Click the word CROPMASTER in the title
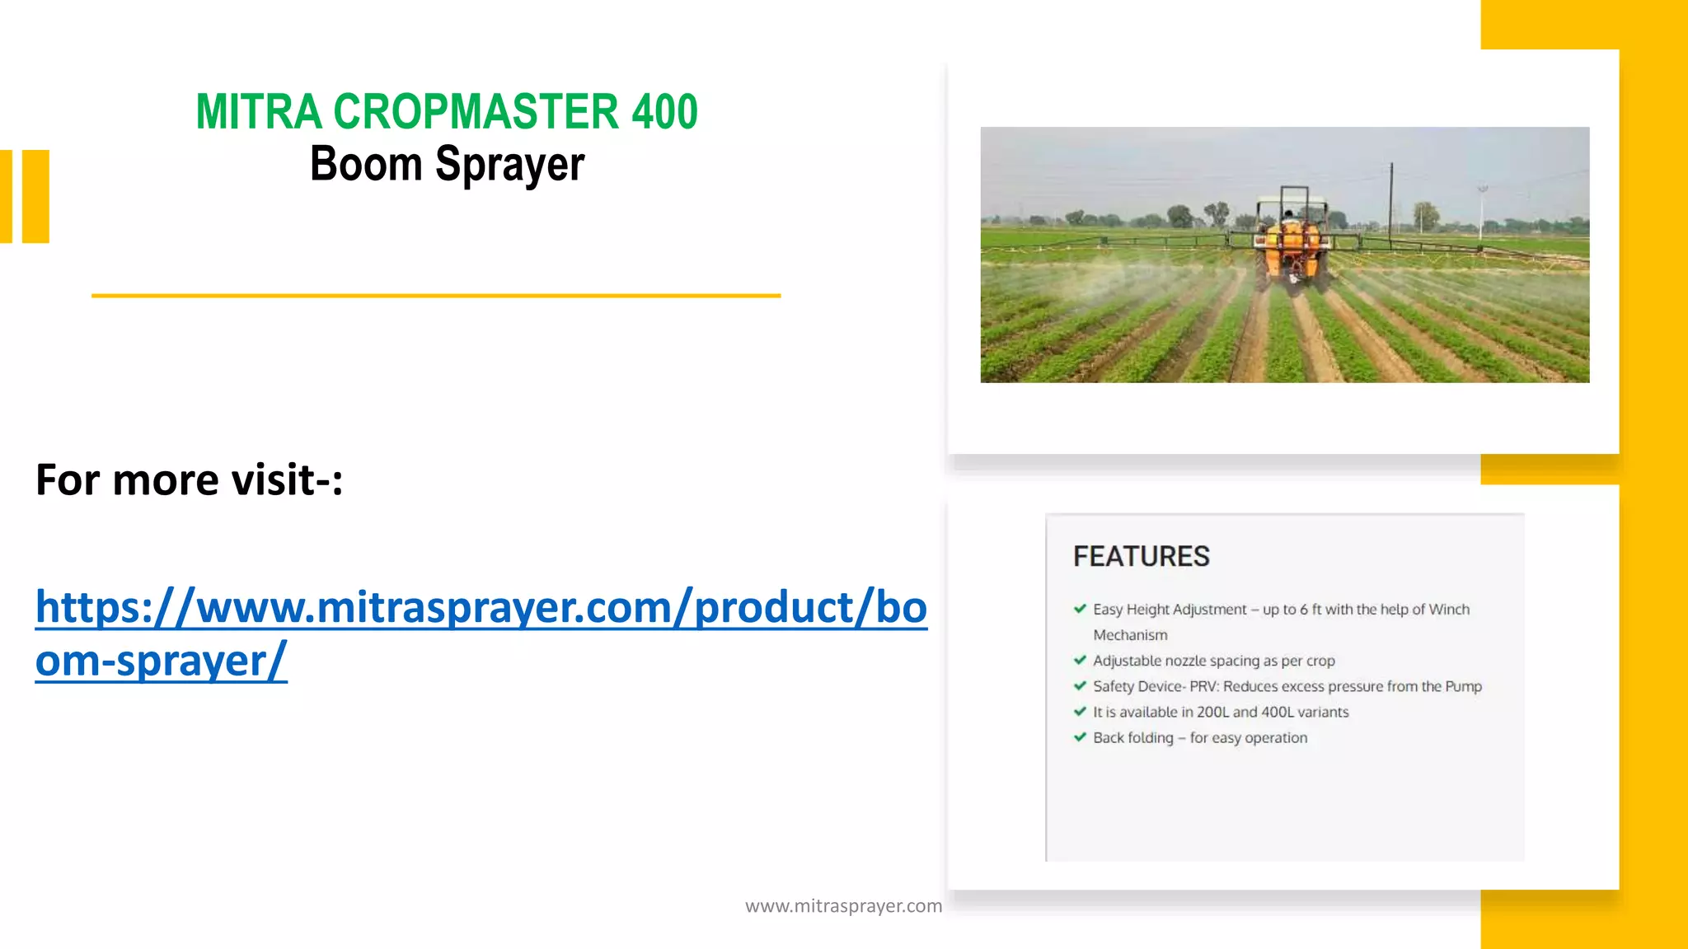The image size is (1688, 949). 476,112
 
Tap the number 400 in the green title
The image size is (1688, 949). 664,112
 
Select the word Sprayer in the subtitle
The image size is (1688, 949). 509,165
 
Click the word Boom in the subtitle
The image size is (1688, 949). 366,163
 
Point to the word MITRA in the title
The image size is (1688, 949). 258,112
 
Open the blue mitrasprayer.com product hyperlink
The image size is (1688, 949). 481,608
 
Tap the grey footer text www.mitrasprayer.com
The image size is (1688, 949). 843,906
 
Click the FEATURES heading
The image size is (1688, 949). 1141,557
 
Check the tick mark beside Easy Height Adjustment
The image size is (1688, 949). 1080,609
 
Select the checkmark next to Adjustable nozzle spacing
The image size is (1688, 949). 1080,660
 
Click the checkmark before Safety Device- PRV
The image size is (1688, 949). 1080,685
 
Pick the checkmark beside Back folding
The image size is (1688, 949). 1080,736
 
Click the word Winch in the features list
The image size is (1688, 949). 1449,610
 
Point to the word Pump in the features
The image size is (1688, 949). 1463,686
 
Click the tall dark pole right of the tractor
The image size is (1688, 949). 1391,203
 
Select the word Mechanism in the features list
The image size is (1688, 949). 1130,635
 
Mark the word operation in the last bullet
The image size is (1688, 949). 1276,738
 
